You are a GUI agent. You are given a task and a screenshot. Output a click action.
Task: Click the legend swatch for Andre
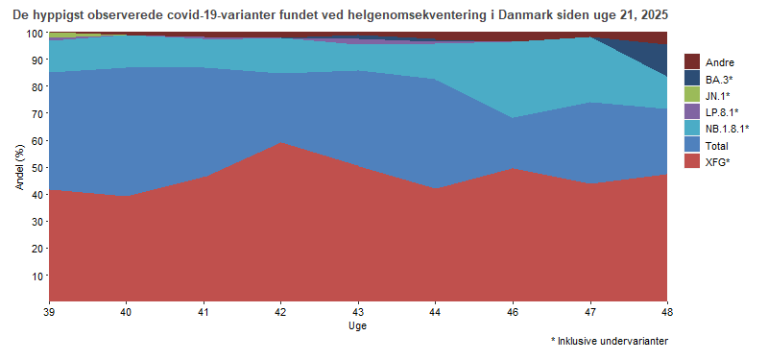coord(692,62)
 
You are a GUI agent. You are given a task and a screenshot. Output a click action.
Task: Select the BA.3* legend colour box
coord(692,79)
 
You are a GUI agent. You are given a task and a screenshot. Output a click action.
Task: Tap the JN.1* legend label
coord(717,96)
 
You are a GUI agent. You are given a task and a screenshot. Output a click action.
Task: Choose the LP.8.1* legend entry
coord(719,112)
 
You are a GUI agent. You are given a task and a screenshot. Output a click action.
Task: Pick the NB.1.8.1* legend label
coord(727,129)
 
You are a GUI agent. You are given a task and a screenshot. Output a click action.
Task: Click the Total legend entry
coord(716,146)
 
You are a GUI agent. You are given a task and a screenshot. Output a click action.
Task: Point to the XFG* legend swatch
coord(692,162)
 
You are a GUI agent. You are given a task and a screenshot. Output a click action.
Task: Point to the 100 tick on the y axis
coord(34,33)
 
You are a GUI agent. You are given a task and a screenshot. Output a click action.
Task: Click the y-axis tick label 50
coord(36,168)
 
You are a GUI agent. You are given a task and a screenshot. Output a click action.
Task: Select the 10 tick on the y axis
coord(36,276)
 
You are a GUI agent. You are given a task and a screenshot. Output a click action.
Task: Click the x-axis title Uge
coord(357,326)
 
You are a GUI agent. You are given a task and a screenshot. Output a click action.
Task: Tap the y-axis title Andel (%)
coord(19,167)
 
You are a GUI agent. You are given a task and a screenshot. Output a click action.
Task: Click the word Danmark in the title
coord(524,16)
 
